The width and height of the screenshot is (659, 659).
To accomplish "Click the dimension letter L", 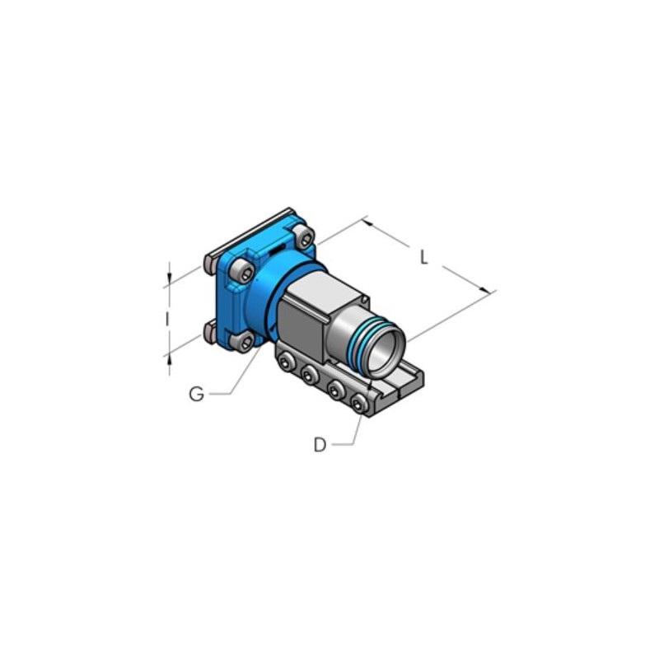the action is (424, 257).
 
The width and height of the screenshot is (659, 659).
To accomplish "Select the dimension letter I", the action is (167, 320).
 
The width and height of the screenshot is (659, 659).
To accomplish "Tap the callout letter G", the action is (196, 395).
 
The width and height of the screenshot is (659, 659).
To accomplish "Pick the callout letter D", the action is (320, 445).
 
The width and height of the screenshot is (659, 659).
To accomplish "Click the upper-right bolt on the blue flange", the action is (303, 236).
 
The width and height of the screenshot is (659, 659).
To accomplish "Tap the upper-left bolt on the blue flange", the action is (242, 272).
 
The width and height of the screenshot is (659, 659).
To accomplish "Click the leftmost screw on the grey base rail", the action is (286, 362).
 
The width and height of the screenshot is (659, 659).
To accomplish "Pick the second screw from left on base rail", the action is (310, 374).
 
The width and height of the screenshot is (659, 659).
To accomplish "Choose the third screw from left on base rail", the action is (335, 389).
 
